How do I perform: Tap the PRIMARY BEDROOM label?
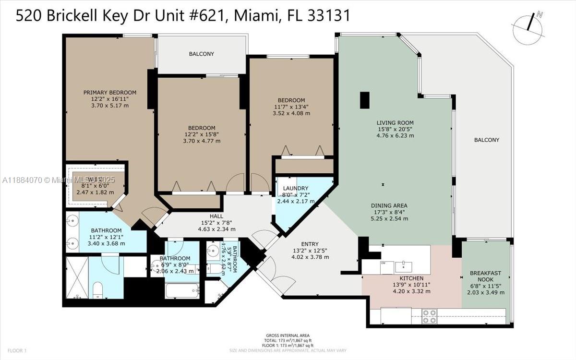(x=110, y=93)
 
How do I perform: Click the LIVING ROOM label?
(x=395, y=122)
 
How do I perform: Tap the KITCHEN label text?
(x=411, y=278)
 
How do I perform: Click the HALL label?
(x=217, y=216)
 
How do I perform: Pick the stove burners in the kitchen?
(x=429, y=316)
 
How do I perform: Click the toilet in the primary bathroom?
(x=97, y=289)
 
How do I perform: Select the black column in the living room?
(x=365, y=100)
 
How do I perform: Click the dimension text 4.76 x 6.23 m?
(x=395, y=136)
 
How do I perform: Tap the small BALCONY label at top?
(x=201, y=54)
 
